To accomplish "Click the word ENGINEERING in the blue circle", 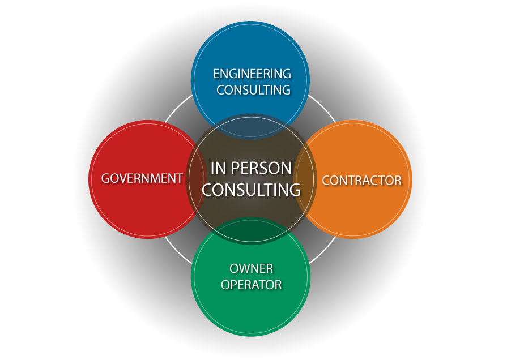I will [x=252, y=74].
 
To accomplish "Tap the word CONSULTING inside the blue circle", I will [x=253, y=89].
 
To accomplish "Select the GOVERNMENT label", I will [x=142, y=178].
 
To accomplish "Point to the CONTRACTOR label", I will [x=361, y=180].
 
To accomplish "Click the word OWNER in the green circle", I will [x=252, y=268].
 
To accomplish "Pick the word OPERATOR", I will [x=252, y=284].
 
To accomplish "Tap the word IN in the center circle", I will [x=219, y=168].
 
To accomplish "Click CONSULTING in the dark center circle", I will [x=251, y=190].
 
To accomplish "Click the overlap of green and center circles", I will [x=251, y=233].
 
